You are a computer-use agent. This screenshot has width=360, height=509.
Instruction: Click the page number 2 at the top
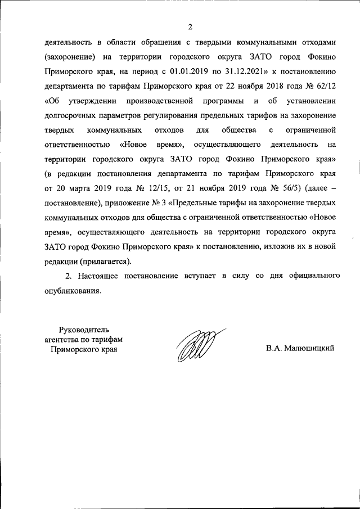pyautogui.click(x=190, y=27)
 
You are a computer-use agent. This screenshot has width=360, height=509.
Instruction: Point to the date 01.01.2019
pyautogui.click(x=188, y=71)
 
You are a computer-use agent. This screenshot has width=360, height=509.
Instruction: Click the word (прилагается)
pyautogui.click(x=106, y=262)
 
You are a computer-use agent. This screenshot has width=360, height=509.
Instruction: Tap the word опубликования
pyautogui.click(x=71, y=291)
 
